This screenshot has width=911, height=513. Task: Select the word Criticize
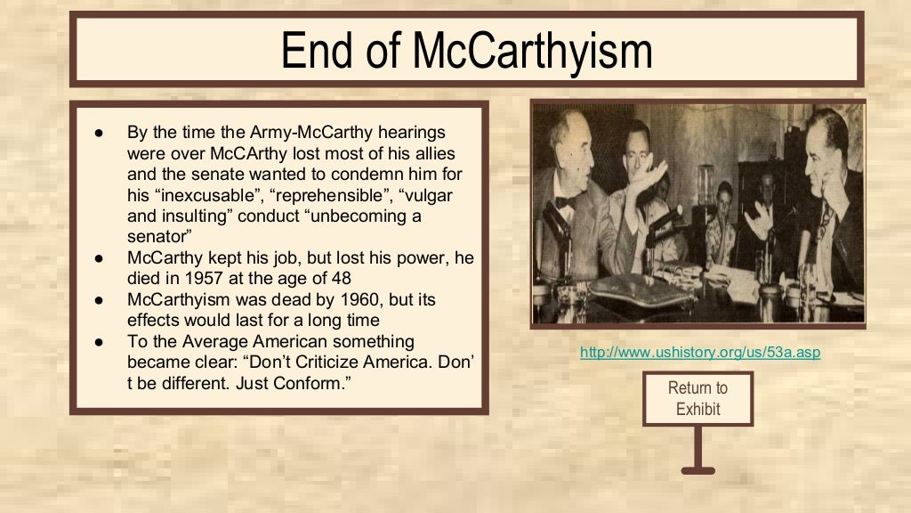click(296, 362)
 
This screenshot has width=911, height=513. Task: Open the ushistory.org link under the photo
click(699, 353)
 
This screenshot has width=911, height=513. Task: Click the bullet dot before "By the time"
click(101, 132)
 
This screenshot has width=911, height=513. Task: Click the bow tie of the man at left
click(565, 203)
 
